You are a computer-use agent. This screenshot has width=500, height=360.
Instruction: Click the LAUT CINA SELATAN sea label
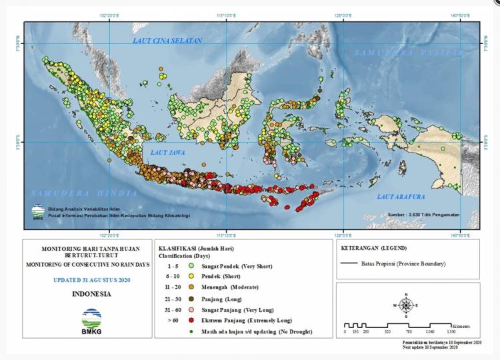[x=167, y=41]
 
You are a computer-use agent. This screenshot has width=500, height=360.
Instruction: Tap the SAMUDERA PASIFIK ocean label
[x=408, y=52]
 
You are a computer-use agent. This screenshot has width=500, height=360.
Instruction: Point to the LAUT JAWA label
[x=167, y=153]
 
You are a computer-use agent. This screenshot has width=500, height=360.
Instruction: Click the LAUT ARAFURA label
[x=401, y=196]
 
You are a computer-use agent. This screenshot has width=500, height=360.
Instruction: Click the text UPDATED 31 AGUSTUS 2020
[x=91, y=279]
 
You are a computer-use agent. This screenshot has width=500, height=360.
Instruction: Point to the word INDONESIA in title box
[x=91, y=293]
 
